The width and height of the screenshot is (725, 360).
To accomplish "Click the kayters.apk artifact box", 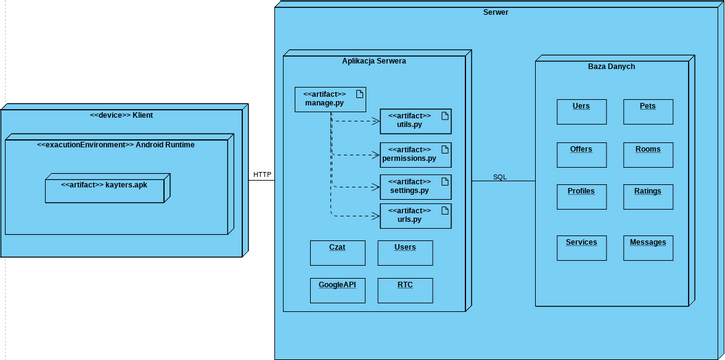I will pyautogui.click(x=109, y=188).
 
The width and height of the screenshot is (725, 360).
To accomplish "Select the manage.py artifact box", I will pyautogui.click(x=329, y=99).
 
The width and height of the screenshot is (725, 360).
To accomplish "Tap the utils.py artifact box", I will pyautogui.click(x=415, y=121).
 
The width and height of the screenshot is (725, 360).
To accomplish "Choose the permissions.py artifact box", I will pyautogui.click(x=415, y=154).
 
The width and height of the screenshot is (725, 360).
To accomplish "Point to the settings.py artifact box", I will pyautogui.click(x=415, y=186).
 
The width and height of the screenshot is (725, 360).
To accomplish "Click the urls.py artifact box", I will pyautogui.click(x=415, y=215).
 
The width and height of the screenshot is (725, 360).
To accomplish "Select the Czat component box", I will pyautogui.click(x=337, y=252).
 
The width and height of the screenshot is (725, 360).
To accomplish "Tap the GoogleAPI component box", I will pyautogui.click(x=337, y=290).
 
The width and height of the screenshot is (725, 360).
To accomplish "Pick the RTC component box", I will pyautogui.click(x=405, y=290).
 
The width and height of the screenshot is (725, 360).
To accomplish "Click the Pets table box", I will pyautogui.click(x=648, y=111).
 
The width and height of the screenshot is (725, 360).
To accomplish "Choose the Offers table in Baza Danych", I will pyautogui.click(x=581, y=154).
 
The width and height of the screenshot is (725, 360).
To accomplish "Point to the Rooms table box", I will pyautogui.click(x=648, y=154).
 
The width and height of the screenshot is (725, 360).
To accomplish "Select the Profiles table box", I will pyautogui.click(x=581, y=196).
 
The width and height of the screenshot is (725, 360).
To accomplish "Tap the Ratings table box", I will pyautogui.click(x=648, y=196).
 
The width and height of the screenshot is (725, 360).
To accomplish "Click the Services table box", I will pyautogui.click(x=581, y=247).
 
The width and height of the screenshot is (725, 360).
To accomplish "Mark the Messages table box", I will pyautogui.click(x=648, y=247).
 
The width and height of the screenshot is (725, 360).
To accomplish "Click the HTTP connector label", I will pyautogui.click(x=262, y=175).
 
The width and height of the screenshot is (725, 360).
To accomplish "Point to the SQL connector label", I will pyautogui.click(x=500, y=177).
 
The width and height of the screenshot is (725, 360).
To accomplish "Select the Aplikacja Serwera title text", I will pyautogui.click(x=374, y=61).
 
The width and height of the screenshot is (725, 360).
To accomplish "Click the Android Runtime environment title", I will pyautogui.click(x=116, y=145).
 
